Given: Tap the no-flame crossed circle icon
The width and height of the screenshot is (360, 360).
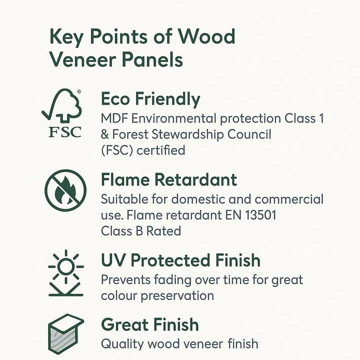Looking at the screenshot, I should [65, 190].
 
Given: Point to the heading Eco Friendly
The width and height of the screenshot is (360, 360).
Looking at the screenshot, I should [150, 99].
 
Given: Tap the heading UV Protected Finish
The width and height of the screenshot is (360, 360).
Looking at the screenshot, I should [180, 260].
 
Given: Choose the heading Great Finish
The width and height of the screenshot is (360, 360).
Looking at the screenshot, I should [150, 324].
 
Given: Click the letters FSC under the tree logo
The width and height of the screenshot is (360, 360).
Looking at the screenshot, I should [64, 133].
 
